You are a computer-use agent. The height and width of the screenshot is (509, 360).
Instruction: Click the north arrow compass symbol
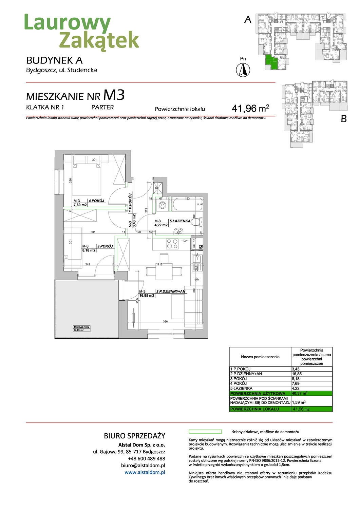click(x=243, y=70)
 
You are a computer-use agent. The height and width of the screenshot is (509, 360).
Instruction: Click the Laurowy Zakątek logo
click(x=81, y=32)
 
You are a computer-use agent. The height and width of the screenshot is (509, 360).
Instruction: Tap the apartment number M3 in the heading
click(x=114, y=95)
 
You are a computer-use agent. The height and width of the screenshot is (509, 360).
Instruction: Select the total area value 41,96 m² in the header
click(x=250, y=108)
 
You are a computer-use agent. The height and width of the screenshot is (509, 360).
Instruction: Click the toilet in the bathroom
click(x=196, y=222)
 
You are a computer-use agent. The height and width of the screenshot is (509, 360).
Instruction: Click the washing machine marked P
click(x=162, y=205)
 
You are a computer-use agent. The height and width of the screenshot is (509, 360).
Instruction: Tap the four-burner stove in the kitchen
click(x=172, y=244)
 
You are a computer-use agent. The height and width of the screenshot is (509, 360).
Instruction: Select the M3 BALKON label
click(x=81, y=327)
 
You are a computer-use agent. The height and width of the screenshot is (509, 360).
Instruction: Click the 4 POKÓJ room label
click(x=97, y=201)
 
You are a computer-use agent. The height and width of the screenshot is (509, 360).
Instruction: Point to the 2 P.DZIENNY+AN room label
click(x=171, y=291)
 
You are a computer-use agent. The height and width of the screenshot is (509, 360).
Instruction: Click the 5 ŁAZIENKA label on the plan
click(x=180, y=221)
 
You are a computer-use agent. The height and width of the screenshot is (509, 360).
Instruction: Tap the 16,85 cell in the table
click(x=297, y=374)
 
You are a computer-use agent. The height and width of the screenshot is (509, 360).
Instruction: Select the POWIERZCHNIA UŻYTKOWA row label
click(x=258, y=394)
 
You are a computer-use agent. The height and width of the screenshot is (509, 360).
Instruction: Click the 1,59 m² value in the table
click(x=299, y=402)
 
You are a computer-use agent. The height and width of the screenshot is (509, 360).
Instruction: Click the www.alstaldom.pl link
click(x=145, y=472)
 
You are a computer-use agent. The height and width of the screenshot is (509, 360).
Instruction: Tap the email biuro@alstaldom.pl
click(x=143, y=466)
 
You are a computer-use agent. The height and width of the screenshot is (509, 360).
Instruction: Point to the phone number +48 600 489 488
click(x=146, y=458)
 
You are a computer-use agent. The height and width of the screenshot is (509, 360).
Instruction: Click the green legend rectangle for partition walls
click(x=205, y=432)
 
